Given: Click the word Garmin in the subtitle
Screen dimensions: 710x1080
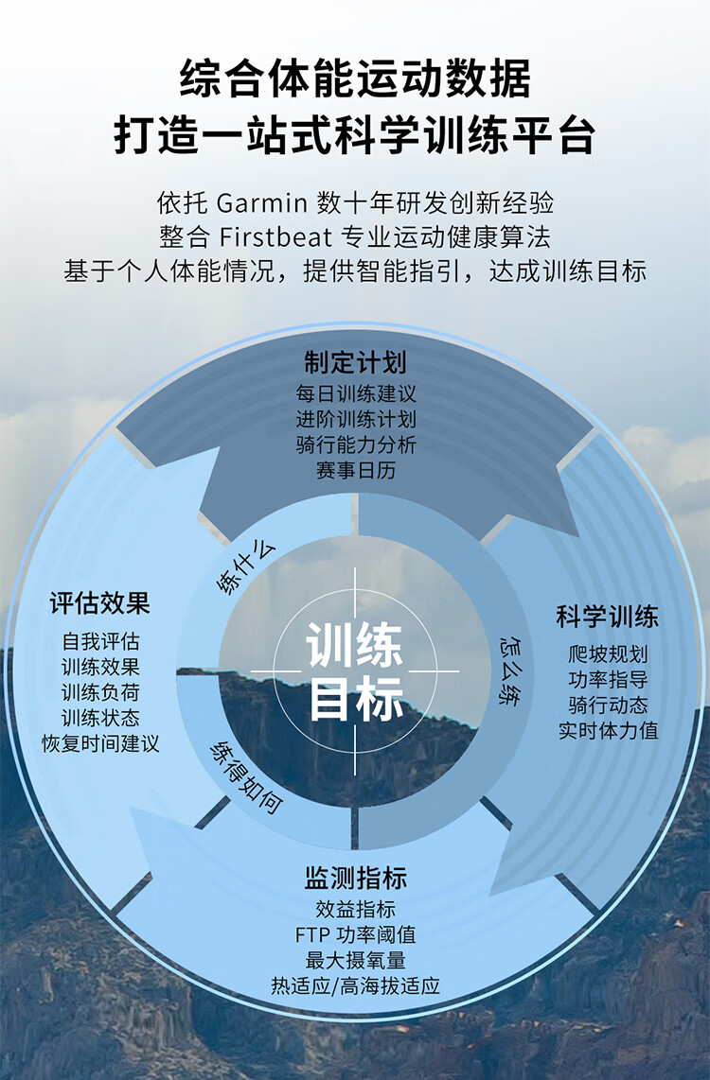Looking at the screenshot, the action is point(261,203).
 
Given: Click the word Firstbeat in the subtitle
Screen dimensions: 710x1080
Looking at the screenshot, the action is point(275,237).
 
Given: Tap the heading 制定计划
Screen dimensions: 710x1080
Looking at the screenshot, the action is point(356,362).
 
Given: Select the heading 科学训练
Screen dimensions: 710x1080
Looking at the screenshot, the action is point(608,616).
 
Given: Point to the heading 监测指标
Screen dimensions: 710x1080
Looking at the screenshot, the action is point(356,878).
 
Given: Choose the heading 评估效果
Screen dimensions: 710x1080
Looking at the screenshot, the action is point(100,603).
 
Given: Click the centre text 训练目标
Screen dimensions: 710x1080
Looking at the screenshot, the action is point(355,672).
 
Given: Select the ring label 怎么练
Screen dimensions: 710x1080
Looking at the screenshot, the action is point(510,671).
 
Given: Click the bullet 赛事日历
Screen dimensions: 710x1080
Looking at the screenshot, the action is point(356,470).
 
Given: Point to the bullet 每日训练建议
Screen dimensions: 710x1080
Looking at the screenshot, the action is point(356,394).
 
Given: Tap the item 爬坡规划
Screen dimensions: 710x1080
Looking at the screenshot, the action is point(608,653).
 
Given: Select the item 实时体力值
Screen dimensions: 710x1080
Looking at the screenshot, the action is point(608,730).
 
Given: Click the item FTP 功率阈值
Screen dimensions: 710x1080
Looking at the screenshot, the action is point(356,934).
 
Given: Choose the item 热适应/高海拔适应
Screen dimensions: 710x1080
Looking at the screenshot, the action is point(356,985).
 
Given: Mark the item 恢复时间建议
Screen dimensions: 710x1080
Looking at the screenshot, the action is point(100,743).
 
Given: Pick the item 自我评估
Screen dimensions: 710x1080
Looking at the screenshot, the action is point(100,641).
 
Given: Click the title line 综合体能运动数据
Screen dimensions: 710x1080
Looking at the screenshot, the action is point(356,78).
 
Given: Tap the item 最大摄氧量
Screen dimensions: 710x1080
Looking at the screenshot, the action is point(356,960).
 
